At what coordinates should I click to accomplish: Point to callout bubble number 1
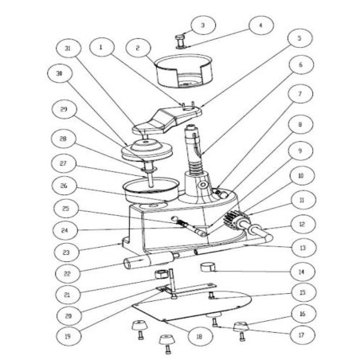pos(100,48)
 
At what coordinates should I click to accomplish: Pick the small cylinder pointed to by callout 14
pos(209,267)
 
